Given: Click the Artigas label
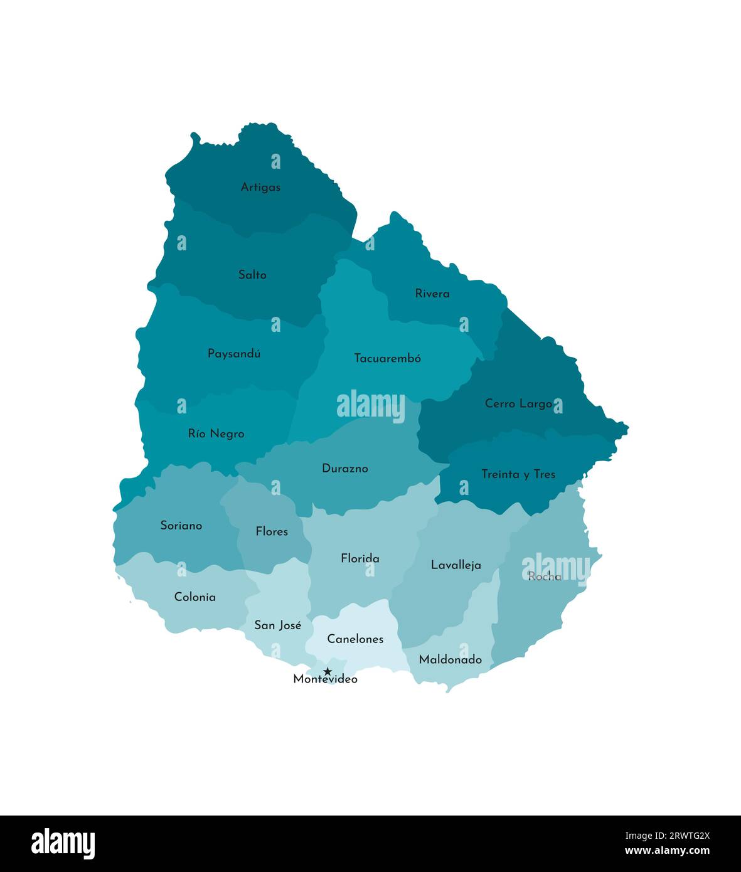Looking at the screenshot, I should [x=260, y=187].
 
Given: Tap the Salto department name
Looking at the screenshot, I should [x=252, y=275].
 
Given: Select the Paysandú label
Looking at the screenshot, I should [x=234, y=354].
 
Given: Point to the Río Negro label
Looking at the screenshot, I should [x=216, y=433].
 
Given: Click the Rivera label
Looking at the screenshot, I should [x=432, y=294].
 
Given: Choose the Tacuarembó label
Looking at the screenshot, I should [x=387, y=358].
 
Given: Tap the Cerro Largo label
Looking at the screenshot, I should [x=518, y=403].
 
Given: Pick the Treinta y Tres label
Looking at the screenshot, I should [x=518, y=474].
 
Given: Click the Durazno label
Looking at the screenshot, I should [x=344, y=469].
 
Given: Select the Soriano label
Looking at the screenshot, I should [x=181, y=526].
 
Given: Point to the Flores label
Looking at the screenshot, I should [x=272, y=531].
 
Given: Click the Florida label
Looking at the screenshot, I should [x=360, y=558].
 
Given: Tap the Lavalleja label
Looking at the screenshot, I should [x=456, y=565].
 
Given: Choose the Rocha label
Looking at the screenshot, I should [x=544, y=577].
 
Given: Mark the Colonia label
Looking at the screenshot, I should [x=195, y=597].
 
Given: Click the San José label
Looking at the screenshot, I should [x=277, y=625].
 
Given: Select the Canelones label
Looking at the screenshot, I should [x=355, y=639].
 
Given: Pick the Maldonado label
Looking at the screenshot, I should [x=450, y=659].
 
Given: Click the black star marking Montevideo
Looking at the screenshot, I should [x=327, y=671].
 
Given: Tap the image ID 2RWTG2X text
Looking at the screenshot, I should [x=667, y=836].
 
